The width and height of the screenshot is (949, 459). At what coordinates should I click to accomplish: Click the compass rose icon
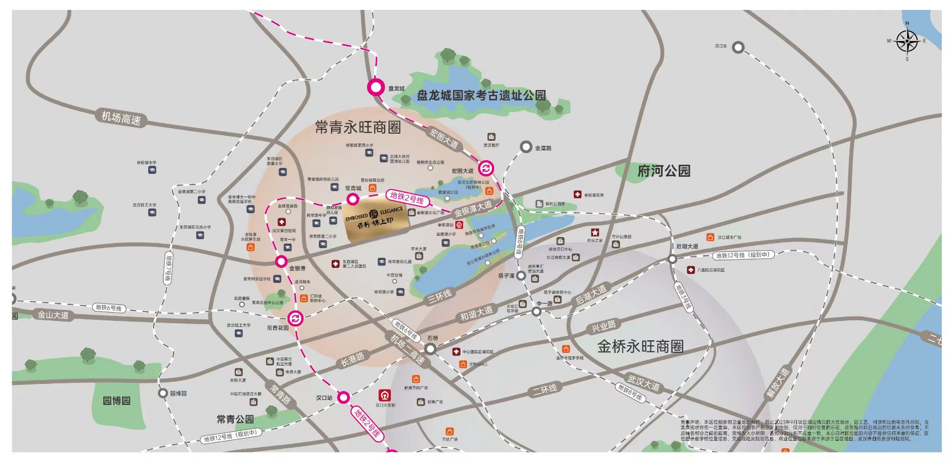[907, 41]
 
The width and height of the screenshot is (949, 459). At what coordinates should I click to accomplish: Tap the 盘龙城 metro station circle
[376, 87]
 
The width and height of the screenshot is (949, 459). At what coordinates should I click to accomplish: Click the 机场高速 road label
[121, 118]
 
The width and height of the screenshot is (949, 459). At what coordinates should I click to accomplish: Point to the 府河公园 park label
[664, 171]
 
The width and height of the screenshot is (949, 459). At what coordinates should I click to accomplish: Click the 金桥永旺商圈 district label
[640, 346]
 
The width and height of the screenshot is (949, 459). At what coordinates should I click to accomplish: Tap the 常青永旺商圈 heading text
[358, 128]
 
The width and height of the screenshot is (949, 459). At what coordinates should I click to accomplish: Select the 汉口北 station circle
[738, 48]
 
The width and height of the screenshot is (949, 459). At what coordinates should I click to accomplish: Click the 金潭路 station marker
[526, 147]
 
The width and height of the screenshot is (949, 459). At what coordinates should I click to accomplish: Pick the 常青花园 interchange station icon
[296, 318]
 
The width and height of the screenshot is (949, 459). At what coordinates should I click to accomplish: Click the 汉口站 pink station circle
[344, 397]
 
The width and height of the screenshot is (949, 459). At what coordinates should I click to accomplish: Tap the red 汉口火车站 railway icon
[382, 395]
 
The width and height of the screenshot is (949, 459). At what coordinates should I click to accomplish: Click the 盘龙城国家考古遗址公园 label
[481, 96]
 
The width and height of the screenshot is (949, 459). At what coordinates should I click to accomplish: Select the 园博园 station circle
[162, 393]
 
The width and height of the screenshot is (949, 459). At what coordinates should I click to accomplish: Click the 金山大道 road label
[53, 315]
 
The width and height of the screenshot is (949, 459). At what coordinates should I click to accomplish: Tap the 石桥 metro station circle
[431, 349]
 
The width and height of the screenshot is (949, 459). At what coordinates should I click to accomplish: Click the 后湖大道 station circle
[672, 259]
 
